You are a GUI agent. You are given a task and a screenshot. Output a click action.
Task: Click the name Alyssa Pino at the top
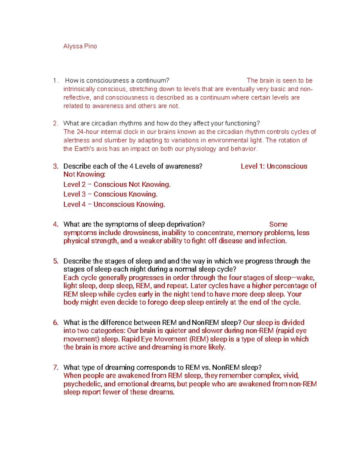coord(80,46)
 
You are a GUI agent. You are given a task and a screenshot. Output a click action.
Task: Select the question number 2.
coord(55,123)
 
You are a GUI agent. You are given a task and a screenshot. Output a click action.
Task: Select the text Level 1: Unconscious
coord(274,166)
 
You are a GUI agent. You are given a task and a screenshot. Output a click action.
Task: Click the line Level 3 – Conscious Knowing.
coord(110,194)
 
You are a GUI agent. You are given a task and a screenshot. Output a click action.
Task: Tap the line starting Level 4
coord(114,204)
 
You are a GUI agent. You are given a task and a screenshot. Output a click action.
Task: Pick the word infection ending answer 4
coord(272,241)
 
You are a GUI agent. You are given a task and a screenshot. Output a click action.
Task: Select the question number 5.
coord(55,261)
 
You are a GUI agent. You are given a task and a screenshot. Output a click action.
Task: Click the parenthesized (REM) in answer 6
coord(198,339)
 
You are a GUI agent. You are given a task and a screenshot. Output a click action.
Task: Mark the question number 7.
coord(55,368)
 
